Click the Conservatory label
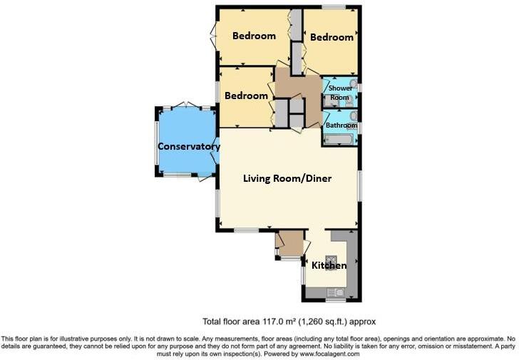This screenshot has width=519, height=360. pyautogui.click(x=188, y=147)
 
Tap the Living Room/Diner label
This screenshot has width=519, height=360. pyautogui.click(x=287, y=178)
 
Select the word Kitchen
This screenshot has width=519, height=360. pyautogui.click(x=329, y=265)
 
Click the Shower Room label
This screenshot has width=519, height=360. pyautogui.click(x=339, y=93)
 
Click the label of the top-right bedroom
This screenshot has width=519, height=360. pyautogui.click(x=332, y=37)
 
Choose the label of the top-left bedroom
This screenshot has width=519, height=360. pyautogui.click(x=254, y=36)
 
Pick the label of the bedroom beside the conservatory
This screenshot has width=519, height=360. pyautogui.click(x=246, y=96)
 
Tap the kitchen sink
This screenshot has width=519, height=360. pyautogui.click(x=334, y=291)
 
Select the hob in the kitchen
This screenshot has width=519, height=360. pyautogui.click(x=332, y=259)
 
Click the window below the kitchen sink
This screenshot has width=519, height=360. pyautogui.click(x=335, y=301)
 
